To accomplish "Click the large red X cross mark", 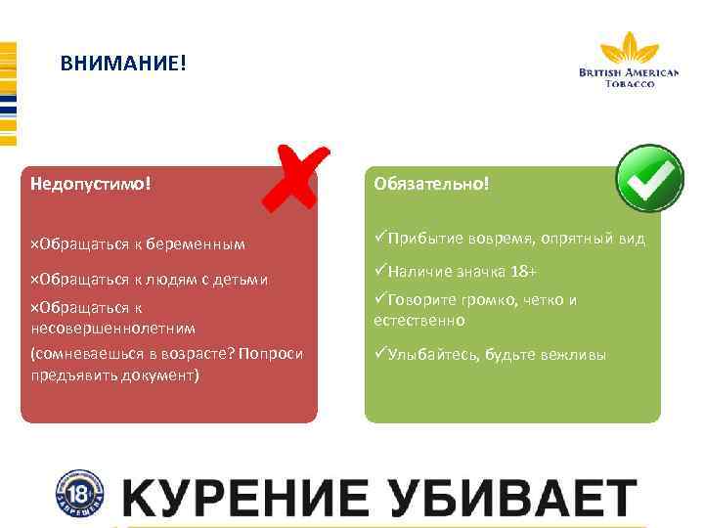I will [x=296, y=176].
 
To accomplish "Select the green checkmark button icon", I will [x=649, y=179].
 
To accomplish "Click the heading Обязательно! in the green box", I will [x=430, y=183].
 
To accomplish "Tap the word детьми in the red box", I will [x=243, y=281].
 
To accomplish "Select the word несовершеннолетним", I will [x=113, y=328].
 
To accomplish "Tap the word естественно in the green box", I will [x=419, y=320].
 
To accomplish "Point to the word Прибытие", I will [x=422, y=239].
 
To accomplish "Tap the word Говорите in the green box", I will [x=422, y=300].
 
